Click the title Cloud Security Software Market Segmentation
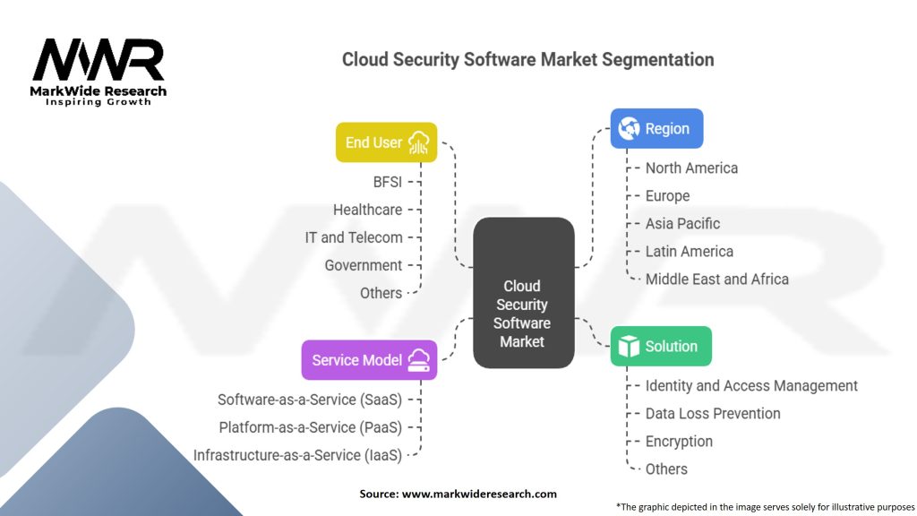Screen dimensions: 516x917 click(527, 60)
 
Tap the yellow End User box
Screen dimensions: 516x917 click(386, 142)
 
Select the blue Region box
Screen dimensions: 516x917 click(656, 128)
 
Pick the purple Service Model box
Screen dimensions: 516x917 click(369, 360)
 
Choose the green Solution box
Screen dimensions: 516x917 click(660, 346)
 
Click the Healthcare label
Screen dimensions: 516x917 click(367, 210)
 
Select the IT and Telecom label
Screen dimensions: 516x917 click(354, 237)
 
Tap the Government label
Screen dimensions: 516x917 click(363, 265)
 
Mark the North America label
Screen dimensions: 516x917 click(691, 168)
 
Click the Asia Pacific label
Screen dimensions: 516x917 click(682, 223)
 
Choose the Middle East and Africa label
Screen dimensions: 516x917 click(716, 279)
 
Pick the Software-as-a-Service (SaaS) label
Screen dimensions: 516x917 click(310, 400)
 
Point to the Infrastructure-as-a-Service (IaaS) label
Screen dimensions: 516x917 click(297, 455)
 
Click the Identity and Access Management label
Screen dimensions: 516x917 click(751, 385)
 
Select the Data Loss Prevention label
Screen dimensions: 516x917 click(713, 413)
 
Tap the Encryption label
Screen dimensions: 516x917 click(679, 441)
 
